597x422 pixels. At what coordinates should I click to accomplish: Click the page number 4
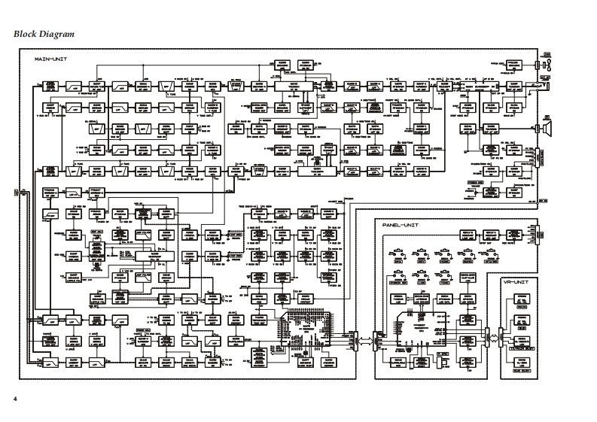click(x=14, y=396)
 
